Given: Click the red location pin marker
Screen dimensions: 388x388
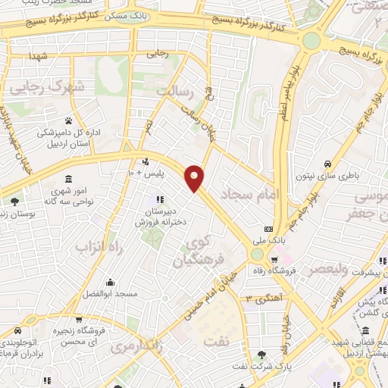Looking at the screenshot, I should [196, 177].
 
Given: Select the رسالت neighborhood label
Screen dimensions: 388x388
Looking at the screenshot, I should [176, 92].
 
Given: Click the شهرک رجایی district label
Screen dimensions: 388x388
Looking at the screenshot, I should [34, 86].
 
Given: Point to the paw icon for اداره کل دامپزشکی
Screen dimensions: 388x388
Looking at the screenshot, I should [68, 120].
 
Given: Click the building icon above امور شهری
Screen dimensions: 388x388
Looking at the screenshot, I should [68, 179].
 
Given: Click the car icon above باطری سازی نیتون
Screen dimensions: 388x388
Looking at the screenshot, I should [327, 164].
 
